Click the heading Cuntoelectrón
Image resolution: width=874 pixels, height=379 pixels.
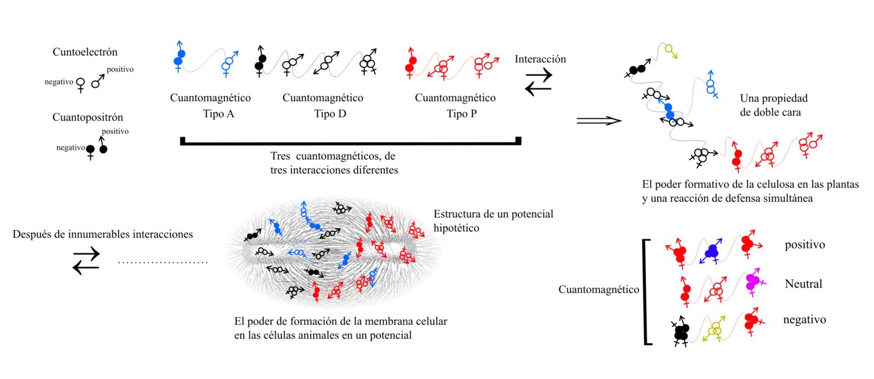tap(85, 52)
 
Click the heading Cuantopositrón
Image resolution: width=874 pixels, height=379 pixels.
tap(88, 117)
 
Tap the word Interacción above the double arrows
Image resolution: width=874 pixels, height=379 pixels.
tap(540, 59)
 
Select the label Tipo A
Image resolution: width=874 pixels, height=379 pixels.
tap(218, 113)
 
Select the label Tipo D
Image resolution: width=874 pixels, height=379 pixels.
tap(330, 113)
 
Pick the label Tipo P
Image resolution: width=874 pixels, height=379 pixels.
tap(462, 113)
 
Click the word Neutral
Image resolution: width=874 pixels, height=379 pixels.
tap(803, 284)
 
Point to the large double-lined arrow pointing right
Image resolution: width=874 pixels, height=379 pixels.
tap(599, 121)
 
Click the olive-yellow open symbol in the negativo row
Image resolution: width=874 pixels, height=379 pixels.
tap(715, 328)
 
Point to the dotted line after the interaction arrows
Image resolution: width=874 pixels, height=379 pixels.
tap(163, 263)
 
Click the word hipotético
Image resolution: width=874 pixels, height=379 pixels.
tap(456, 228)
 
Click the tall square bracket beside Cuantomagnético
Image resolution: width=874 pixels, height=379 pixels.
tap(646, 292)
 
